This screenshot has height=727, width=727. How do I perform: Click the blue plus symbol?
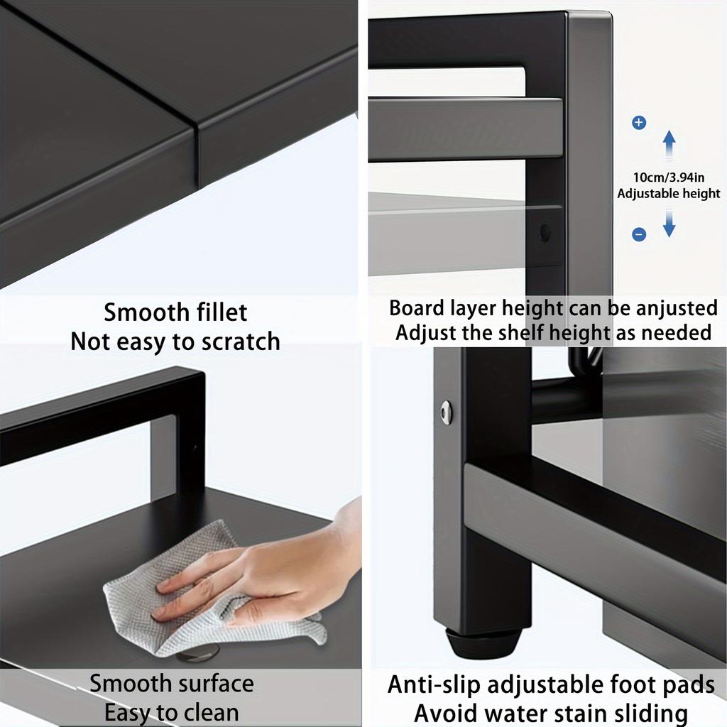click(x=639, y=123)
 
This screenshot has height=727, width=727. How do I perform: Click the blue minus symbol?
click(x=639, y=234)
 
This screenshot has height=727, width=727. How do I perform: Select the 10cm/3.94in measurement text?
click(x=668, y=177)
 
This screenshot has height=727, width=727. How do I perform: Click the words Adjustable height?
click(x=668, y=193)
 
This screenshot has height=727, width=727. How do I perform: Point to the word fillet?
click(x=211, y=312)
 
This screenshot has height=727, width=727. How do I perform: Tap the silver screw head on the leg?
click(x=446, y=412)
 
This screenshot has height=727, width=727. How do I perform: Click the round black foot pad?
click(x=483, y=642)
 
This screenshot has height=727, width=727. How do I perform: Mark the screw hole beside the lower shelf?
click(x=545, y=232)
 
